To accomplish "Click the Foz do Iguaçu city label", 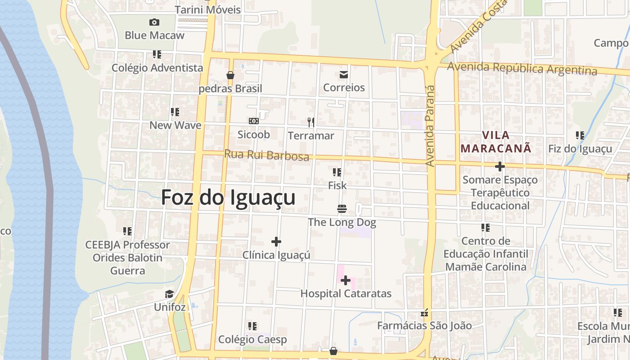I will tap(228, 198).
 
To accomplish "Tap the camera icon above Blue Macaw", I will tap(154, 22).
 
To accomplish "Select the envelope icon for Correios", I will tap(344, 75).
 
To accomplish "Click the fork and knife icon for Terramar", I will tap(310, 122).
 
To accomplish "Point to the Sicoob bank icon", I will tap(254, 121).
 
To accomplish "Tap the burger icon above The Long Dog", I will tap(342, 208).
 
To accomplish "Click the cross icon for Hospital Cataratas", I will tap(346, 281).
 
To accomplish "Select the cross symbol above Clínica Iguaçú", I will tap(276, 242).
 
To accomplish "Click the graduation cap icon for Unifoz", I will tap(169, 294).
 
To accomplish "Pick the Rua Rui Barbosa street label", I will tap(266, 155).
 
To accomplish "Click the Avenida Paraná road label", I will tap(431, 126).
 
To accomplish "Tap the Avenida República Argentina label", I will tap(522, 68).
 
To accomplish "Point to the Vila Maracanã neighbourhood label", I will tap(496, 142).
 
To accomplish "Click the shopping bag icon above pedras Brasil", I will tap(230, 75).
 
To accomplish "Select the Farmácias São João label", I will tap(424, 325).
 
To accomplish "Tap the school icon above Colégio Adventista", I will tap(157, 54).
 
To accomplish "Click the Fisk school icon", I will tap(337, 172).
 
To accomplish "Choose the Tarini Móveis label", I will tap(208, 9).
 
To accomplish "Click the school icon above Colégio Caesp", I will tap(252, 326).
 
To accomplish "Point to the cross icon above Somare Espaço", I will tap(499, 166).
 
